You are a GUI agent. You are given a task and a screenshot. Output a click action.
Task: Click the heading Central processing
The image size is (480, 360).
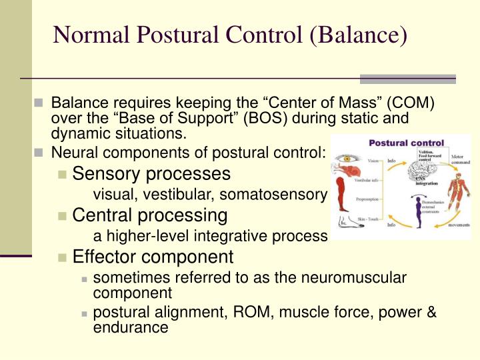click(x=150, y=215)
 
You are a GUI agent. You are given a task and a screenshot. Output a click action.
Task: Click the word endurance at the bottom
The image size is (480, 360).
click(x=131, y=327)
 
